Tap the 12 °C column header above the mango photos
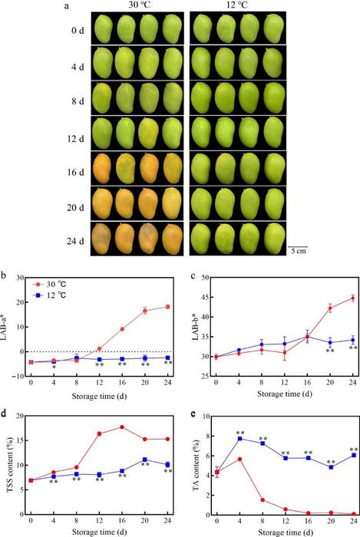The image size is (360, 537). point(236,5)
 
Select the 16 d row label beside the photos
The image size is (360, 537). point(75,172)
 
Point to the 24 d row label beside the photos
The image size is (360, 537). point(75,241)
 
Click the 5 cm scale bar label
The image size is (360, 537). point(299,251)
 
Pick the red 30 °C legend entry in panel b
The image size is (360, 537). point(51,284)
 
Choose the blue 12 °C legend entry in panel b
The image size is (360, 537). point(51,295)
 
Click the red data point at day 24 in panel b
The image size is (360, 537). point(168,307)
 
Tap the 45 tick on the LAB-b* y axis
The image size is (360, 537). point(204,298)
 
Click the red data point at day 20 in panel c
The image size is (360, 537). point(330,308)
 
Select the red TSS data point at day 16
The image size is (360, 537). point(122,427)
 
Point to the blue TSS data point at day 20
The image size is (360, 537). point(145,460)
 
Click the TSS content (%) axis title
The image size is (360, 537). point(9,466)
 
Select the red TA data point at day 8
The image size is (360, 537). point(263,500)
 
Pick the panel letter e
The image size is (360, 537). point(193,414)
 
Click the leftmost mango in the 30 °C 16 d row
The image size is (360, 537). point(102,169)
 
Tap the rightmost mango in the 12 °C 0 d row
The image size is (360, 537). point(274,28)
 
